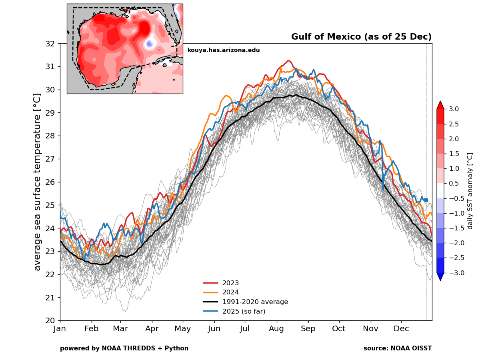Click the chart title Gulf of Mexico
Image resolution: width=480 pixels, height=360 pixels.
(361, 37)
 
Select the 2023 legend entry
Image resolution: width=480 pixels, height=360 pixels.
(230, 283)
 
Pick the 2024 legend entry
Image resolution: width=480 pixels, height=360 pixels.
(230, 292)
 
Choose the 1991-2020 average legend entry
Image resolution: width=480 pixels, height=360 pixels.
(255, 302)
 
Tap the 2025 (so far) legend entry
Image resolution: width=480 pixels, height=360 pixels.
(244, 311)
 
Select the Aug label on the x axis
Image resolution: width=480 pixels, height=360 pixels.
(276, 329)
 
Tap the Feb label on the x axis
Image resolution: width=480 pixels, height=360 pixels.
(92, 329)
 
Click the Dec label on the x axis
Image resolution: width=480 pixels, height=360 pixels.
(402, 329)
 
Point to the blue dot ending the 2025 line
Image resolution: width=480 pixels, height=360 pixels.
(426, 200)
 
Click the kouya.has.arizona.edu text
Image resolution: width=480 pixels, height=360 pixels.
(224, 50)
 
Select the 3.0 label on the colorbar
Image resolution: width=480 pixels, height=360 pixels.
(454, 109)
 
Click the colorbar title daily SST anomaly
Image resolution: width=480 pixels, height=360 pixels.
(470, 191)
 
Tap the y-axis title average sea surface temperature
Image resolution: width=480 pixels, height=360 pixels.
(37, 182)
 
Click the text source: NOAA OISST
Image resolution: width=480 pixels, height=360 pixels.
(398, 348)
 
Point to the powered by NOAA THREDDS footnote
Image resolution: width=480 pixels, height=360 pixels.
(124, 348)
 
